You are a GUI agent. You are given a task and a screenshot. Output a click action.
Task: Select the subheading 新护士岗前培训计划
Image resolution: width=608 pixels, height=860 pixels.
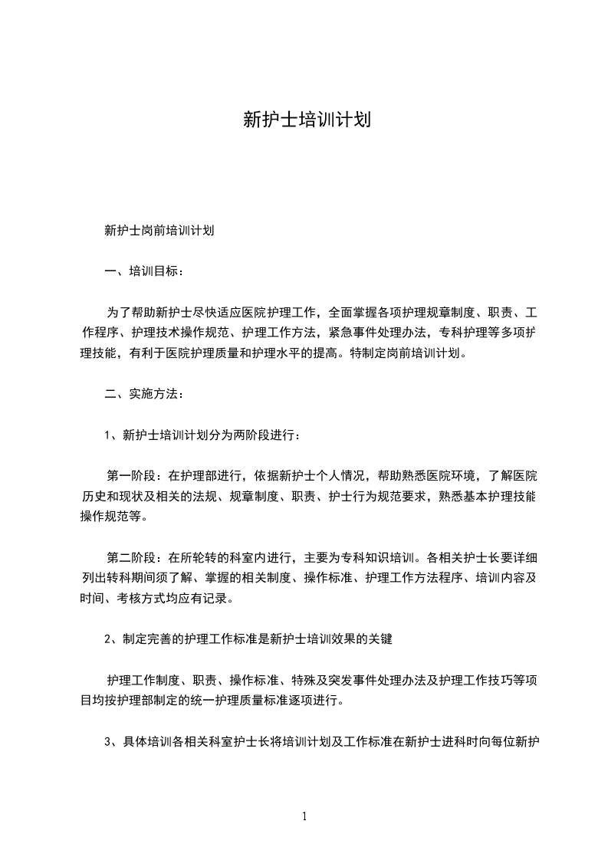[159, 230]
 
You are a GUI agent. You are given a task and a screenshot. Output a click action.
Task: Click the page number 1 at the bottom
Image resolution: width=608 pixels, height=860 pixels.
[304, 816]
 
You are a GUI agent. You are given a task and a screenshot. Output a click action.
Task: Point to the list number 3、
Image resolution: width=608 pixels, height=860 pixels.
[110, 742]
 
